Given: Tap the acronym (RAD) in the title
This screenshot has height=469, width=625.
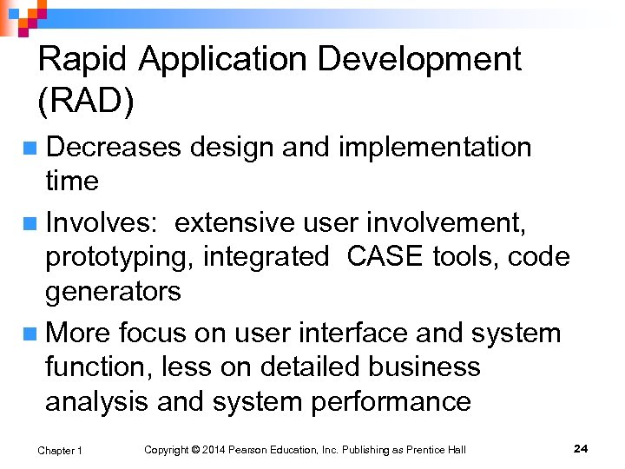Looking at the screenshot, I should [86, 102].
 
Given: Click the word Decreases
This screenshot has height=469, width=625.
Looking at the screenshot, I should [113, 148].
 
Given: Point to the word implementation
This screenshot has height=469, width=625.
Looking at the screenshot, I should [434, 148].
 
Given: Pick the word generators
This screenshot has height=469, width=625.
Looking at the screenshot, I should [113, 291].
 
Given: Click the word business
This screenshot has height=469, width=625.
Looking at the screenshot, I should [424, 367].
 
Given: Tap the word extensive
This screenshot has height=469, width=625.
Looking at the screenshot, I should [235, 223].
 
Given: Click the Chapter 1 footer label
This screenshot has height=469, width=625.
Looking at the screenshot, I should [60, 450].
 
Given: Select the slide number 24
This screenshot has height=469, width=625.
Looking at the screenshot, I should [581, 448].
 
